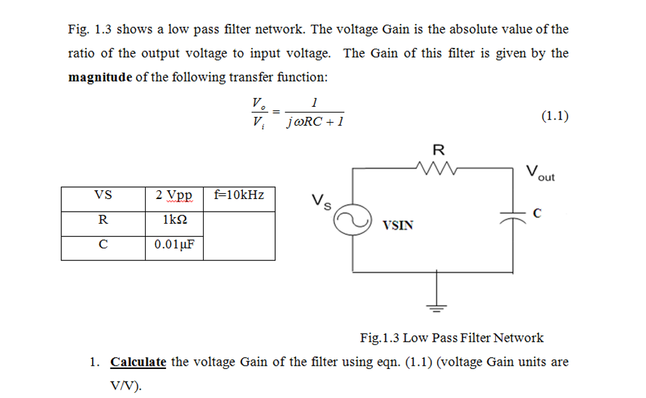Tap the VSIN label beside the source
(398, 224)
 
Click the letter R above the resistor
(438, 150)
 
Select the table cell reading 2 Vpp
(174, 195)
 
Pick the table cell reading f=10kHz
(239, 195)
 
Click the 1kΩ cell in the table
(174, 220)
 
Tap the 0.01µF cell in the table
(174, 245)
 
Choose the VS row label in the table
(103, 195)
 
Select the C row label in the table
(103, 245)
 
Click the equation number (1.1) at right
(555, 115)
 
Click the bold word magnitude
(100, 77)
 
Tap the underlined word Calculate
(138, 362)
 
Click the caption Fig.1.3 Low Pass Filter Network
(452, 337)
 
